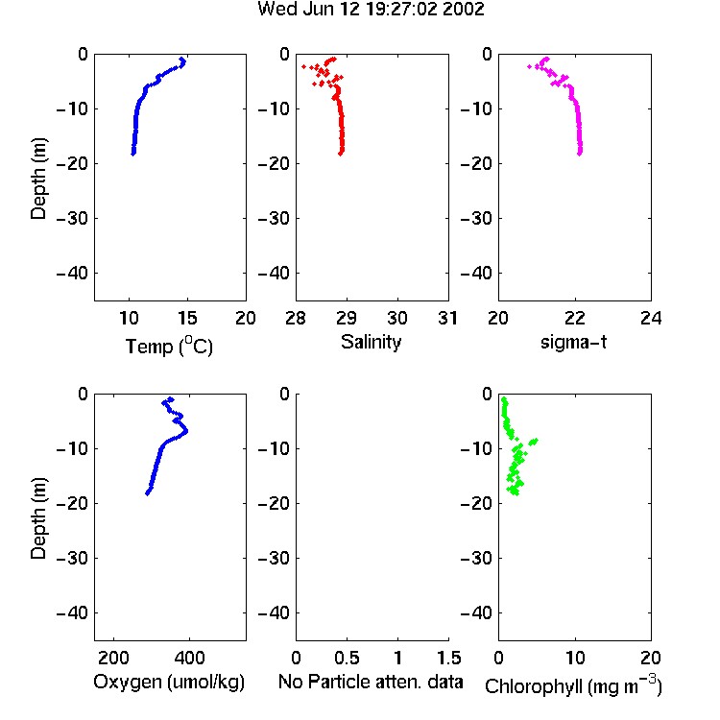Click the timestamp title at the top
(x=371, y=10)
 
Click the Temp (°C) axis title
(x=169, y=346)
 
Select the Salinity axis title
(x=371, y=342)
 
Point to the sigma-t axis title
(x=573, y=342)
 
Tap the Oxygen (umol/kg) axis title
(x=169, y=682)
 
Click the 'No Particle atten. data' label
(x=371, y=682)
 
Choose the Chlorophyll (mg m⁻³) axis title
(x=573, y=685)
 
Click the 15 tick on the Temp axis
(x=187, y=318)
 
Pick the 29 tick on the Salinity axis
(x=347, y=318)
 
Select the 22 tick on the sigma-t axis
(x=574, y=318)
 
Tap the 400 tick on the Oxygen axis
(x=189, y=658)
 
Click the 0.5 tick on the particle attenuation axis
(x=347, y=658)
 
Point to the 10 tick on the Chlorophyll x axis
(x=575, y=658)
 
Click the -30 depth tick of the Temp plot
(x=72, y=218)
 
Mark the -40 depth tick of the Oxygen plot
(x=72, y=612)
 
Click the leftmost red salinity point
(x=303, y=66)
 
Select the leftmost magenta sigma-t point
(x=529, y=66)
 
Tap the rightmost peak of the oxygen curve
(x=185, y=431)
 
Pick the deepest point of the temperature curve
(x=133, y=154)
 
